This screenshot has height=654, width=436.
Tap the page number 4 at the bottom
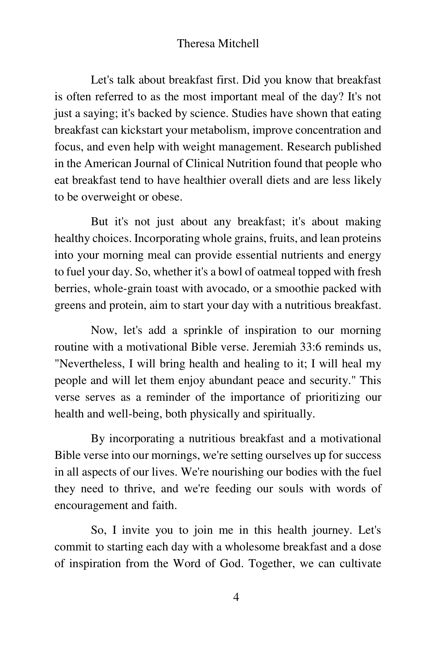pyautogui.click(x=236, y=597)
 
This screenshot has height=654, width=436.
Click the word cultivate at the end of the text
pyautogui.click(x=360, y=564)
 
